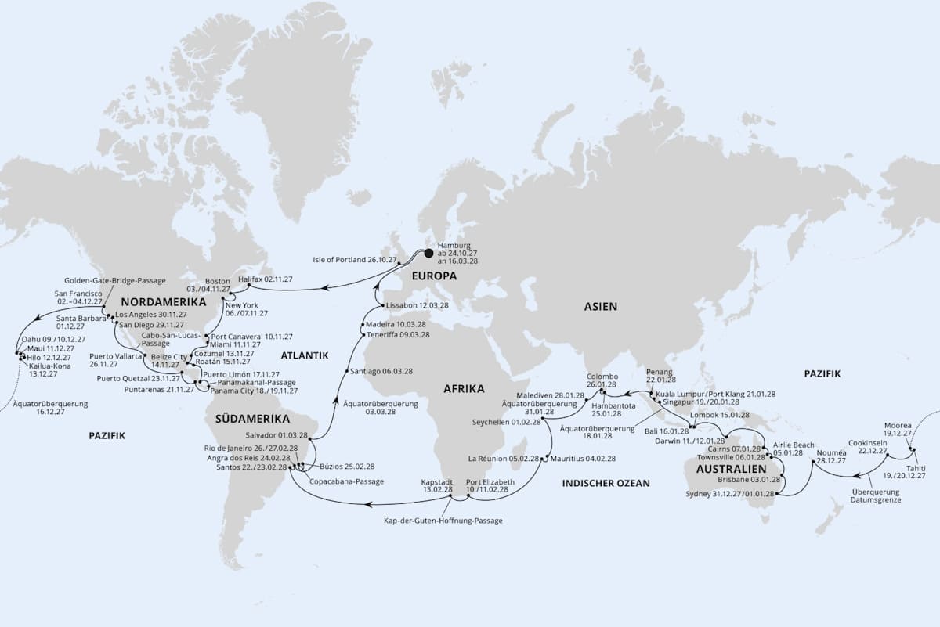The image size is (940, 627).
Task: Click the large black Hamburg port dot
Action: tap(428, 253)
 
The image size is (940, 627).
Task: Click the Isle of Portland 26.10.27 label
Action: tap(356, 259)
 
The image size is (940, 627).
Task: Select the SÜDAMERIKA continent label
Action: tap(252, 418)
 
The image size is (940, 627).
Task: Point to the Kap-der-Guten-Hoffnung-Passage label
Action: tap(443, 520)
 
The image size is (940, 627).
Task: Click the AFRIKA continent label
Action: tap(464, 388)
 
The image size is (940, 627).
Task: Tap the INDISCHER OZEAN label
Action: tap(606, 483)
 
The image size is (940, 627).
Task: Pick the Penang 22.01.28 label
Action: tap(660, 374)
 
